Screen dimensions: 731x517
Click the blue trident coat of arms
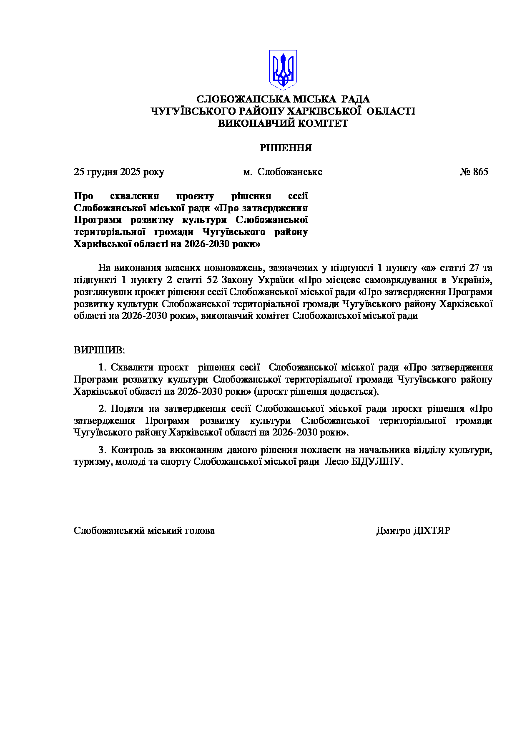coord(283,70)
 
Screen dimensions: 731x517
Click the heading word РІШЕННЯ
coord(286,148)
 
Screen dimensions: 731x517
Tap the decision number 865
coord(480,172)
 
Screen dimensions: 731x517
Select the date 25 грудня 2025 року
coord(119,172)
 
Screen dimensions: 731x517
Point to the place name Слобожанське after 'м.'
coord(290,172)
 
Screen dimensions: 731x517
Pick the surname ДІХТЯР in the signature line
coord(432,531)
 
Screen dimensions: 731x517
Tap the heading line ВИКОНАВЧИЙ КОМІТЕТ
coord(283,123)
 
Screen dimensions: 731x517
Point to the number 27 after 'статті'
coord(474,268)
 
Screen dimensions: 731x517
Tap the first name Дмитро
coord(393,531)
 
